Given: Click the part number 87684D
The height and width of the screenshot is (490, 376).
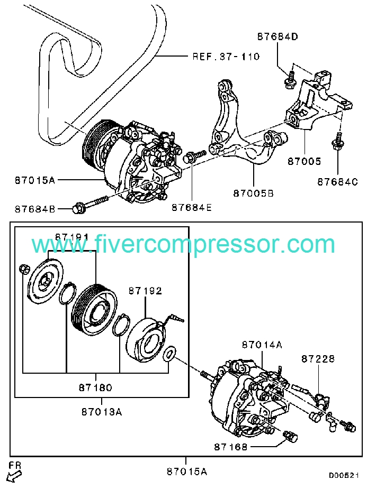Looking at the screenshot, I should point(278,37).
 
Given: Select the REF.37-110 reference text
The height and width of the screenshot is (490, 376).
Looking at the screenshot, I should point(225,56).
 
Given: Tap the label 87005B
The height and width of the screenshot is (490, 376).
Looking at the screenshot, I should point(253,194).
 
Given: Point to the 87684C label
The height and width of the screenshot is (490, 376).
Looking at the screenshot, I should point(338,182).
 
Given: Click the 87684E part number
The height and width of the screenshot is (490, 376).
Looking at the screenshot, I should point(191,208).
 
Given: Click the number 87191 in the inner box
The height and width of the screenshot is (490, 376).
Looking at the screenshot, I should point(73,237).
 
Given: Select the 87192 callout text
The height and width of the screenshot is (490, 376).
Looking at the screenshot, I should point(145,291).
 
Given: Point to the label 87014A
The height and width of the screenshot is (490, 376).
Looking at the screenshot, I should point(262,345).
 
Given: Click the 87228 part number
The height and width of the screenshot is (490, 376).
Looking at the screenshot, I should point(318,359).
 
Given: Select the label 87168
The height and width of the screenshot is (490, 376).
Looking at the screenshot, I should point(231,447).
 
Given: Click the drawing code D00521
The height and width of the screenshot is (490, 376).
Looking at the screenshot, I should point(344,475).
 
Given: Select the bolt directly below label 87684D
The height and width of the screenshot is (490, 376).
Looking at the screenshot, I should point(290,80).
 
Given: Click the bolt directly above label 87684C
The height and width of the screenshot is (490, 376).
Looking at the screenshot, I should point(337,142).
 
